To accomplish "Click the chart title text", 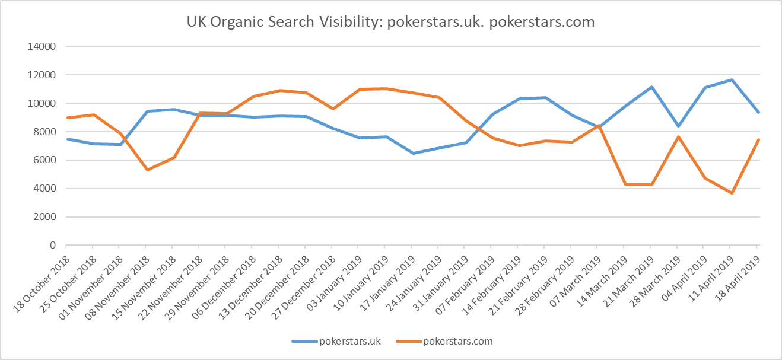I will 391,22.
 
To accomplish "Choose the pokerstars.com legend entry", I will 457,341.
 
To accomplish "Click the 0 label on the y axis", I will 52,246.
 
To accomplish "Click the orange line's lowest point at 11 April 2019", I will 730,193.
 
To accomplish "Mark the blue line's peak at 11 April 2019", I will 730,79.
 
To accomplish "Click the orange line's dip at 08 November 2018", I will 146,170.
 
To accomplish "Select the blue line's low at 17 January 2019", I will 412,153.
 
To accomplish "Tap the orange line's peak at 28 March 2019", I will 678,137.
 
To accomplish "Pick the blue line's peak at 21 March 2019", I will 651,87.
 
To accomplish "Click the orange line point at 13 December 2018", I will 279,91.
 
